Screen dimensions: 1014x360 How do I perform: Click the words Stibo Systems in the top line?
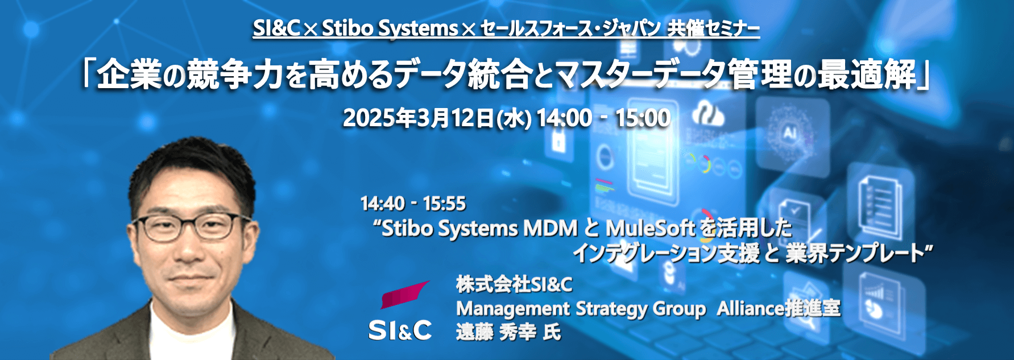pos(390,28)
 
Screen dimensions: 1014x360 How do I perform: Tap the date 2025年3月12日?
pos(417,118)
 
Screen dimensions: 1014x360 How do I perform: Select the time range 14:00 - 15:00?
pos(603,118)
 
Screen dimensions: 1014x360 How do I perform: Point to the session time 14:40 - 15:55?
pos(413,203)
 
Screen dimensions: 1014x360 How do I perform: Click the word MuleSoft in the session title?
pos(651,228)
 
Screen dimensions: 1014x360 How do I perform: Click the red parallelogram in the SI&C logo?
pos(404,294)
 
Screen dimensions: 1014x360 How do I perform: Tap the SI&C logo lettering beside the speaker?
pos(400,330)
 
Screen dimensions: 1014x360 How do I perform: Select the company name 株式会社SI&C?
pos(514,284)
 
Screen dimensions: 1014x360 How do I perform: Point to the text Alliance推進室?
pos(778,308)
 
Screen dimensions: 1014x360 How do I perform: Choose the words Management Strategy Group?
pos(581,309)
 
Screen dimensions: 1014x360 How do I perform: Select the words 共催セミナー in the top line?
pos(714,28)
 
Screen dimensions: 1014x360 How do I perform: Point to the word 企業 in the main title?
pos(129,75)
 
